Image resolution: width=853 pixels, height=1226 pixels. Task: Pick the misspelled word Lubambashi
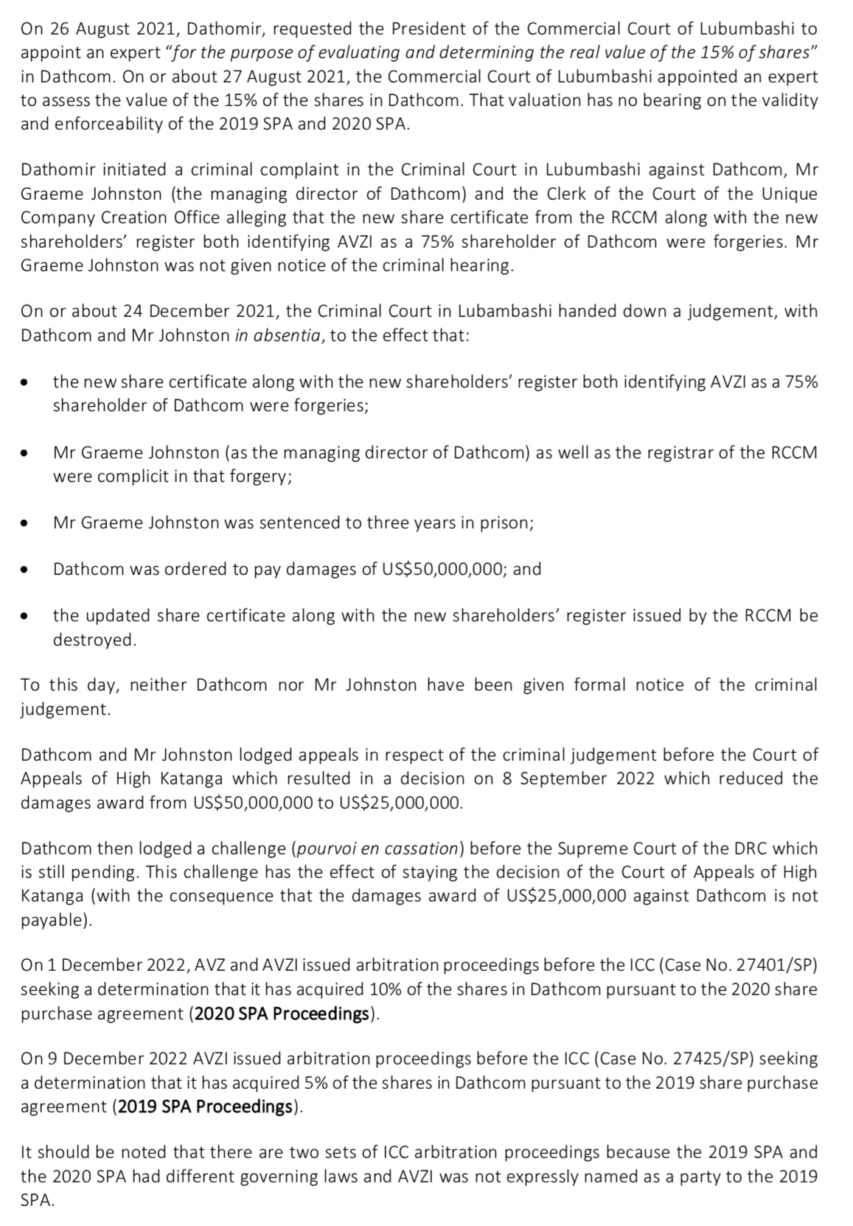pos(504,311)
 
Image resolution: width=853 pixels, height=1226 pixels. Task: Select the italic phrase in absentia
pos(278,335)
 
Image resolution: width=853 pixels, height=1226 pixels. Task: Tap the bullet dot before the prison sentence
pos(25,523)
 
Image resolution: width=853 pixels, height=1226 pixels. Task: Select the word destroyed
pos(94,639)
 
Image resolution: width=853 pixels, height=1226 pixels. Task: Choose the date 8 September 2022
pos(579,779)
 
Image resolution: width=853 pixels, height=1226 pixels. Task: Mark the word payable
pos(53,920)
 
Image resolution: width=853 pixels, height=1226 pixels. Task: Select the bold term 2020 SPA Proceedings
pos(282,1013)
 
